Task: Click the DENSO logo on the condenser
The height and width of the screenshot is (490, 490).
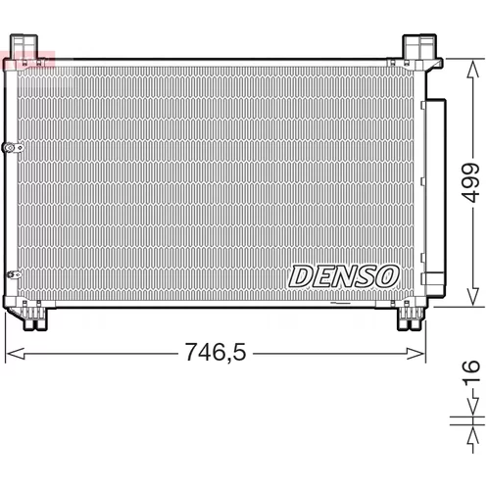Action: tap(344, 276)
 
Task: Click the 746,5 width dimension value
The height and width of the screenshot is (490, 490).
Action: tap(216, 353)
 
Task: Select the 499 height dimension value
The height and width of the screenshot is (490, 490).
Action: tap(470, 182)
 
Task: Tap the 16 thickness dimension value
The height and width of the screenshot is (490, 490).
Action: tap(470, 370)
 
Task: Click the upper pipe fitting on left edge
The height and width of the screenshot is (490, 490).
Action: tap(13, 148)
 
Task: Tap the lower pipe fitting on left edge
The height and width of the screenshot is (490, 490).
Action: tap(14, 274)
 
